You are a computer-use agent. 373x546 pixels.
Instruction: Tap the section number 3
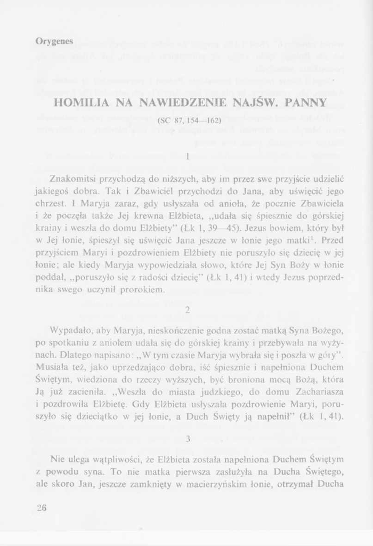pos(188,439)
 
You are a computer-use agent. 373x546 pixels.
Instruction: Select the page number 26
pos(42,508)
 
